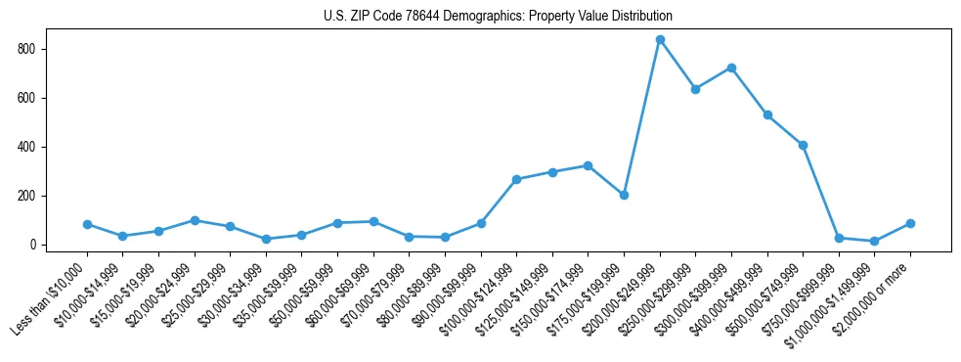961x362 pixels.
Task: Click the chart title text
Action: pyautogui.click(x=498, y=17)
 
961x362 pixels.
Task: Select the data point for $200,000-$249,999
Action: pyautogui.click(x=660, y=40)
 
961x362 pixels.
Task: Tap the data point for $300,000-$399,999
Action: pyautogui.click(x=731, y=68)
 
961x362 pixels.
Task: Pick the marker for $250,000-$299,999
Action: pyautogui.click(x=695, y=89)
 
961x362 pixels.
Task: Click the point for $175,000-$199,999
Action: pyautogui.click(x=624, y=195)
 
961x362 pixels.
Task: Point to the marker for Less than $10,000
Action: pyautogui.click(x=87, y=224)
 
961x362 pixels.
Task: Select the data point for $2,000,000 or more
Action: pyautogui.click(x=910, y=223)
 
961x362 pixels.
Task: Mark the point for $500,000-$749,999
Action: pyautogui.click(x=803, y=145)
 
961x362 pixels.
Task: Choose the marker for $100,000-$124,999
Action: pyautogui.click(x=516, y=179)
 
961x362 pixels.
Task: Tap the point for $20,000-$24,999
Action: pyautogui.click(x=195, y=220)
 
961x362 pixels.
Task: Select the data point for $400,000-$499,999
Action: pyautogui.click(x=767, y=115)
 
